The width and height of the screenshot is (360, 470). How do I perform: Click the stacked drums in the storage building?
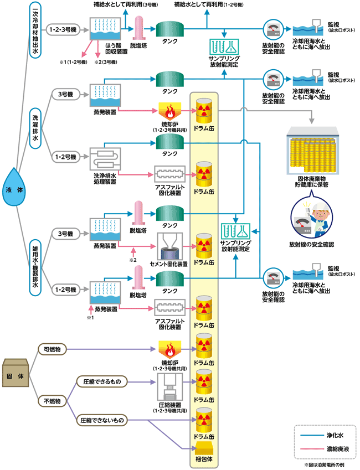pos(313,157)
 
